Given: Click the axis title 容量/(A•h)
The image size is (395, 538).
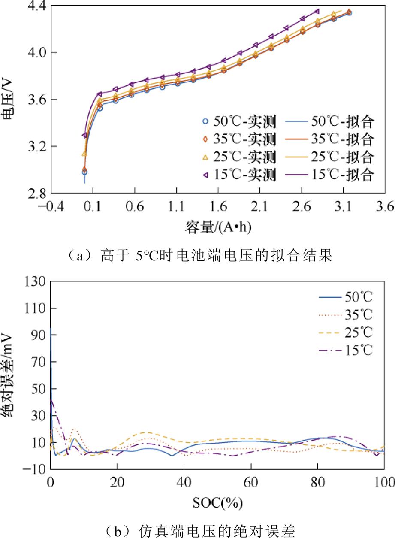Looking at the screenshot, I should [x=217, y=227].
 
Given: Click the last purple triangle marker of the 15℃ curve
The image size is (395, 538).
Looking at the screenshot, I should [x=317, y=11].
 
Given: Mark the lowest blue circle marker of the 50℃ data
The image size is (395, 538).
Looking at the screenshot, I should [x=84, y=172].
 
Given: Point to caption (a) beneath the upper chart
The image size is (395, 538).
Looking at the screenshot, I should [x=197, y=256].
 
